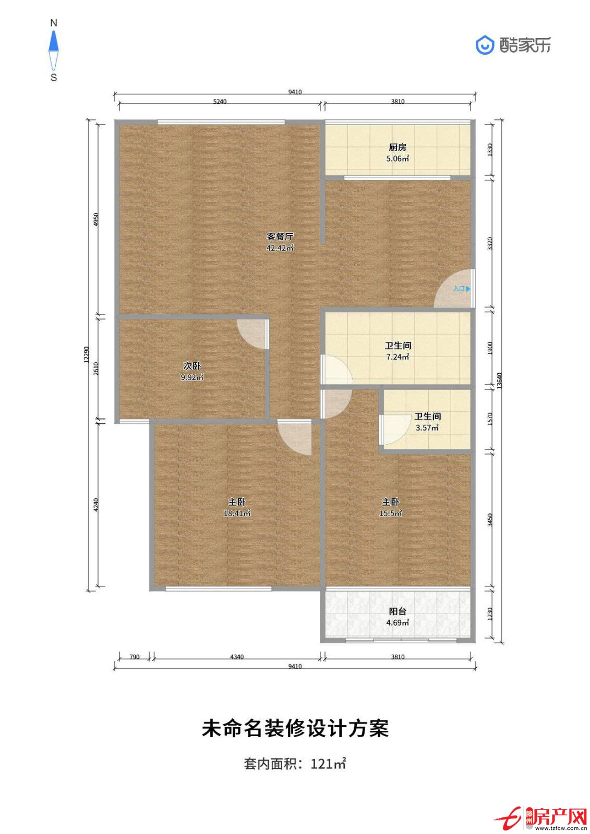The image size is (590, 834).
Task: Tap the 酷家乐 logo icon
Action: coord(485,45)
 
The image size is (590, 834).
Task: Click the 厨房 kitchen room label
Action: coord(398,148)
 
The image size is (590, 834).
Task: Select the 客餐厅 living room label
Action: coord(280,237)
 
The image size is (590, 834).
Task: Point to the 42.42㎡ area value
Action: coord(280,248)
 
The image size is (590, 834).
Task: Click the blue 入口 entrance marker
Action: coord(462,289)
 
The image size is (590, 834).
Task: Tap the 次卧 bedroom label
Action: coord(192,366)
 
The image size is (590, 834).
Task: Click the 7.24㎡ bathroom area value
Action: coord(398,357)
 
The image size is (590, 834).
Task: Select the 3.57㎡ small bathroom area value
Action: coord(427,428)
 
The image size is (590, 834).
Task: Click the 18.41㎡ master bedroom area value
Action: coord(237,513)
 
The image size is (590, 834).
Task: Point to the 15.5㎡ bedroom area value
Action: coord(391,513)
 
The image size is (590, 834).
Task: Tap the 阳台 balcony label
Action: coord(398,611)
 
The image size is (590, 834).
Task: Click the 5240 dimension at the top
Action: coord(220,102)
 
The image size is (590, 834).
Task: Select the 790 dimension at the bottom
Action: coord(134,657)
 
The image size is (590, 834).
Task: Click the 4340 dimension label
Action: coord(237,657)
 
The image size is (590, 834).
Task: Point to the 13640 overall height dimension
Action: coord(499,381)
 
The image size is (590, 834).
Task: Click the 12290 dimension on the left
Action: coord(86,354)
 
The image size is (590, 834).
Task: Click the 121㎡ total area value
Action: coord(328,764)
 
